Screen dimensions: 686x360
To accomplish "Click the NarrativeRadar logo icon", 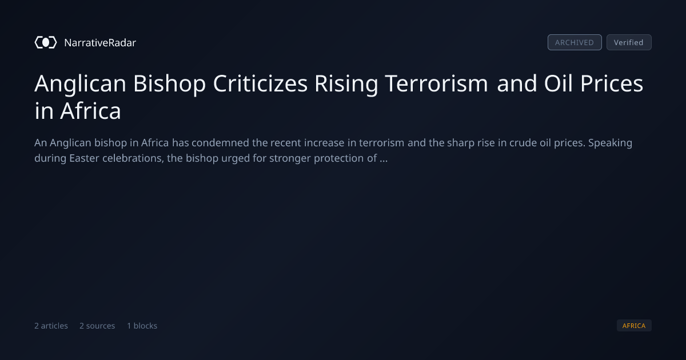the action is coord(46,42).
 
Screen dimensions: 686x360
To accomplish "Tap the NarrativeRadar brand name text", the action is coord(100,42).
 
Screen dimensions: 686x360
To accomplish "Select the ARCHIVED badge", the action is coord(575,42).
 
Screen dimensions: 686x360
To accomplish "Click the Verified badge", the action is coord(629,42).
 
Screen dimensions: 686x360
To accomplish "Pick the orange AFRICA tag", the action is coord(634,325).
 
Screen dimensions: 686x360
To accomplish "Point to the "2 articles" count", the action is coord(51,326).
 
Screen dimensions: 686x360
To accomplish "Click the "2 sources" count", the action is coord(97,326).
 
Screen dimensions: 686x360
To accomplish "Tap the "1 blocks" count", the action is coord(142,326).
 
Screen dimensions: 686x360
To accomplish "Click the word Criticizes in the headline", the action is coord(260,83).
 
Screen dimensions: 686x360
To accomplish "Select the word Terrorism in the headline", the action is coord(436,83).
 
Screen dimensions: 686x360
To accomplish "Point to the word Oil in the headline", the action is coord(559,83).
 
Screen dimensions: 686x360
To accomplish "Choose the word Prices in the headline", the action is coord(612,83).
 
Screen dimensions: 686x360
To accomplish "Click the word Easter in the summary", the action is coord(84,158).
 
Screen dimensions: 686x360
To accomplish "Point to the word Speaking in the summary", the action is coord(611,143).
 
